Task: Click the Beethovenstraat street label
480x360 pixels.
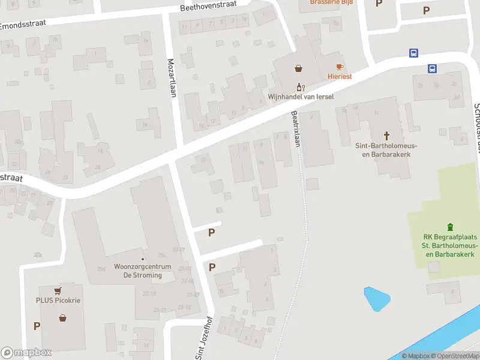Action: [208, 6]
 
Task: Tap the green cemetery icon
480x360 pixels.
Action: [450, 227]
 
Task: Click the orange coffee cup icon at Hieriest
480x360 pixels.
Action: [339, 67]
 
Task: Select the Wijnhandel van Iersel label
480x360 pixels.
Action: [300, 97]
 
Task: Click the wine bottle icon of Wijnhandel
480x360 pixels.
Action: [300, 87]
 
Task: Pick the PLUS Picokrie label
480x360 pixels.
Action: [58, 300]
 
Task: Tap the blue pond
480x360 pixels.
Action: [376, 298]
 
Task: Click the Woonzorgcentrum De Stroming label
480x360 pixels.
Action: [138, 271]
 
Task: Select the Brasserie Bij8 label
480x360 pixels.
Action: [331, 2]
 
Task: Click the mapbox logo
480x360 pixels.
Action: [26, 353]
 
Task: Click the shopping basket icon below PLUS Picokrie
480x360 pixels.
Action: [62, 317]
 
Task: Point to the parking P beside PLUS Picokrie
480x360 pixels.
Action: [37, 326]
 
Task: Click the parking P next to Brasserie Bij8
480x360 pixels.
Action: [379, 3]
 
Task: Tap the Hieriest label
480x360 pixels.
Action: [339, 76]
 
